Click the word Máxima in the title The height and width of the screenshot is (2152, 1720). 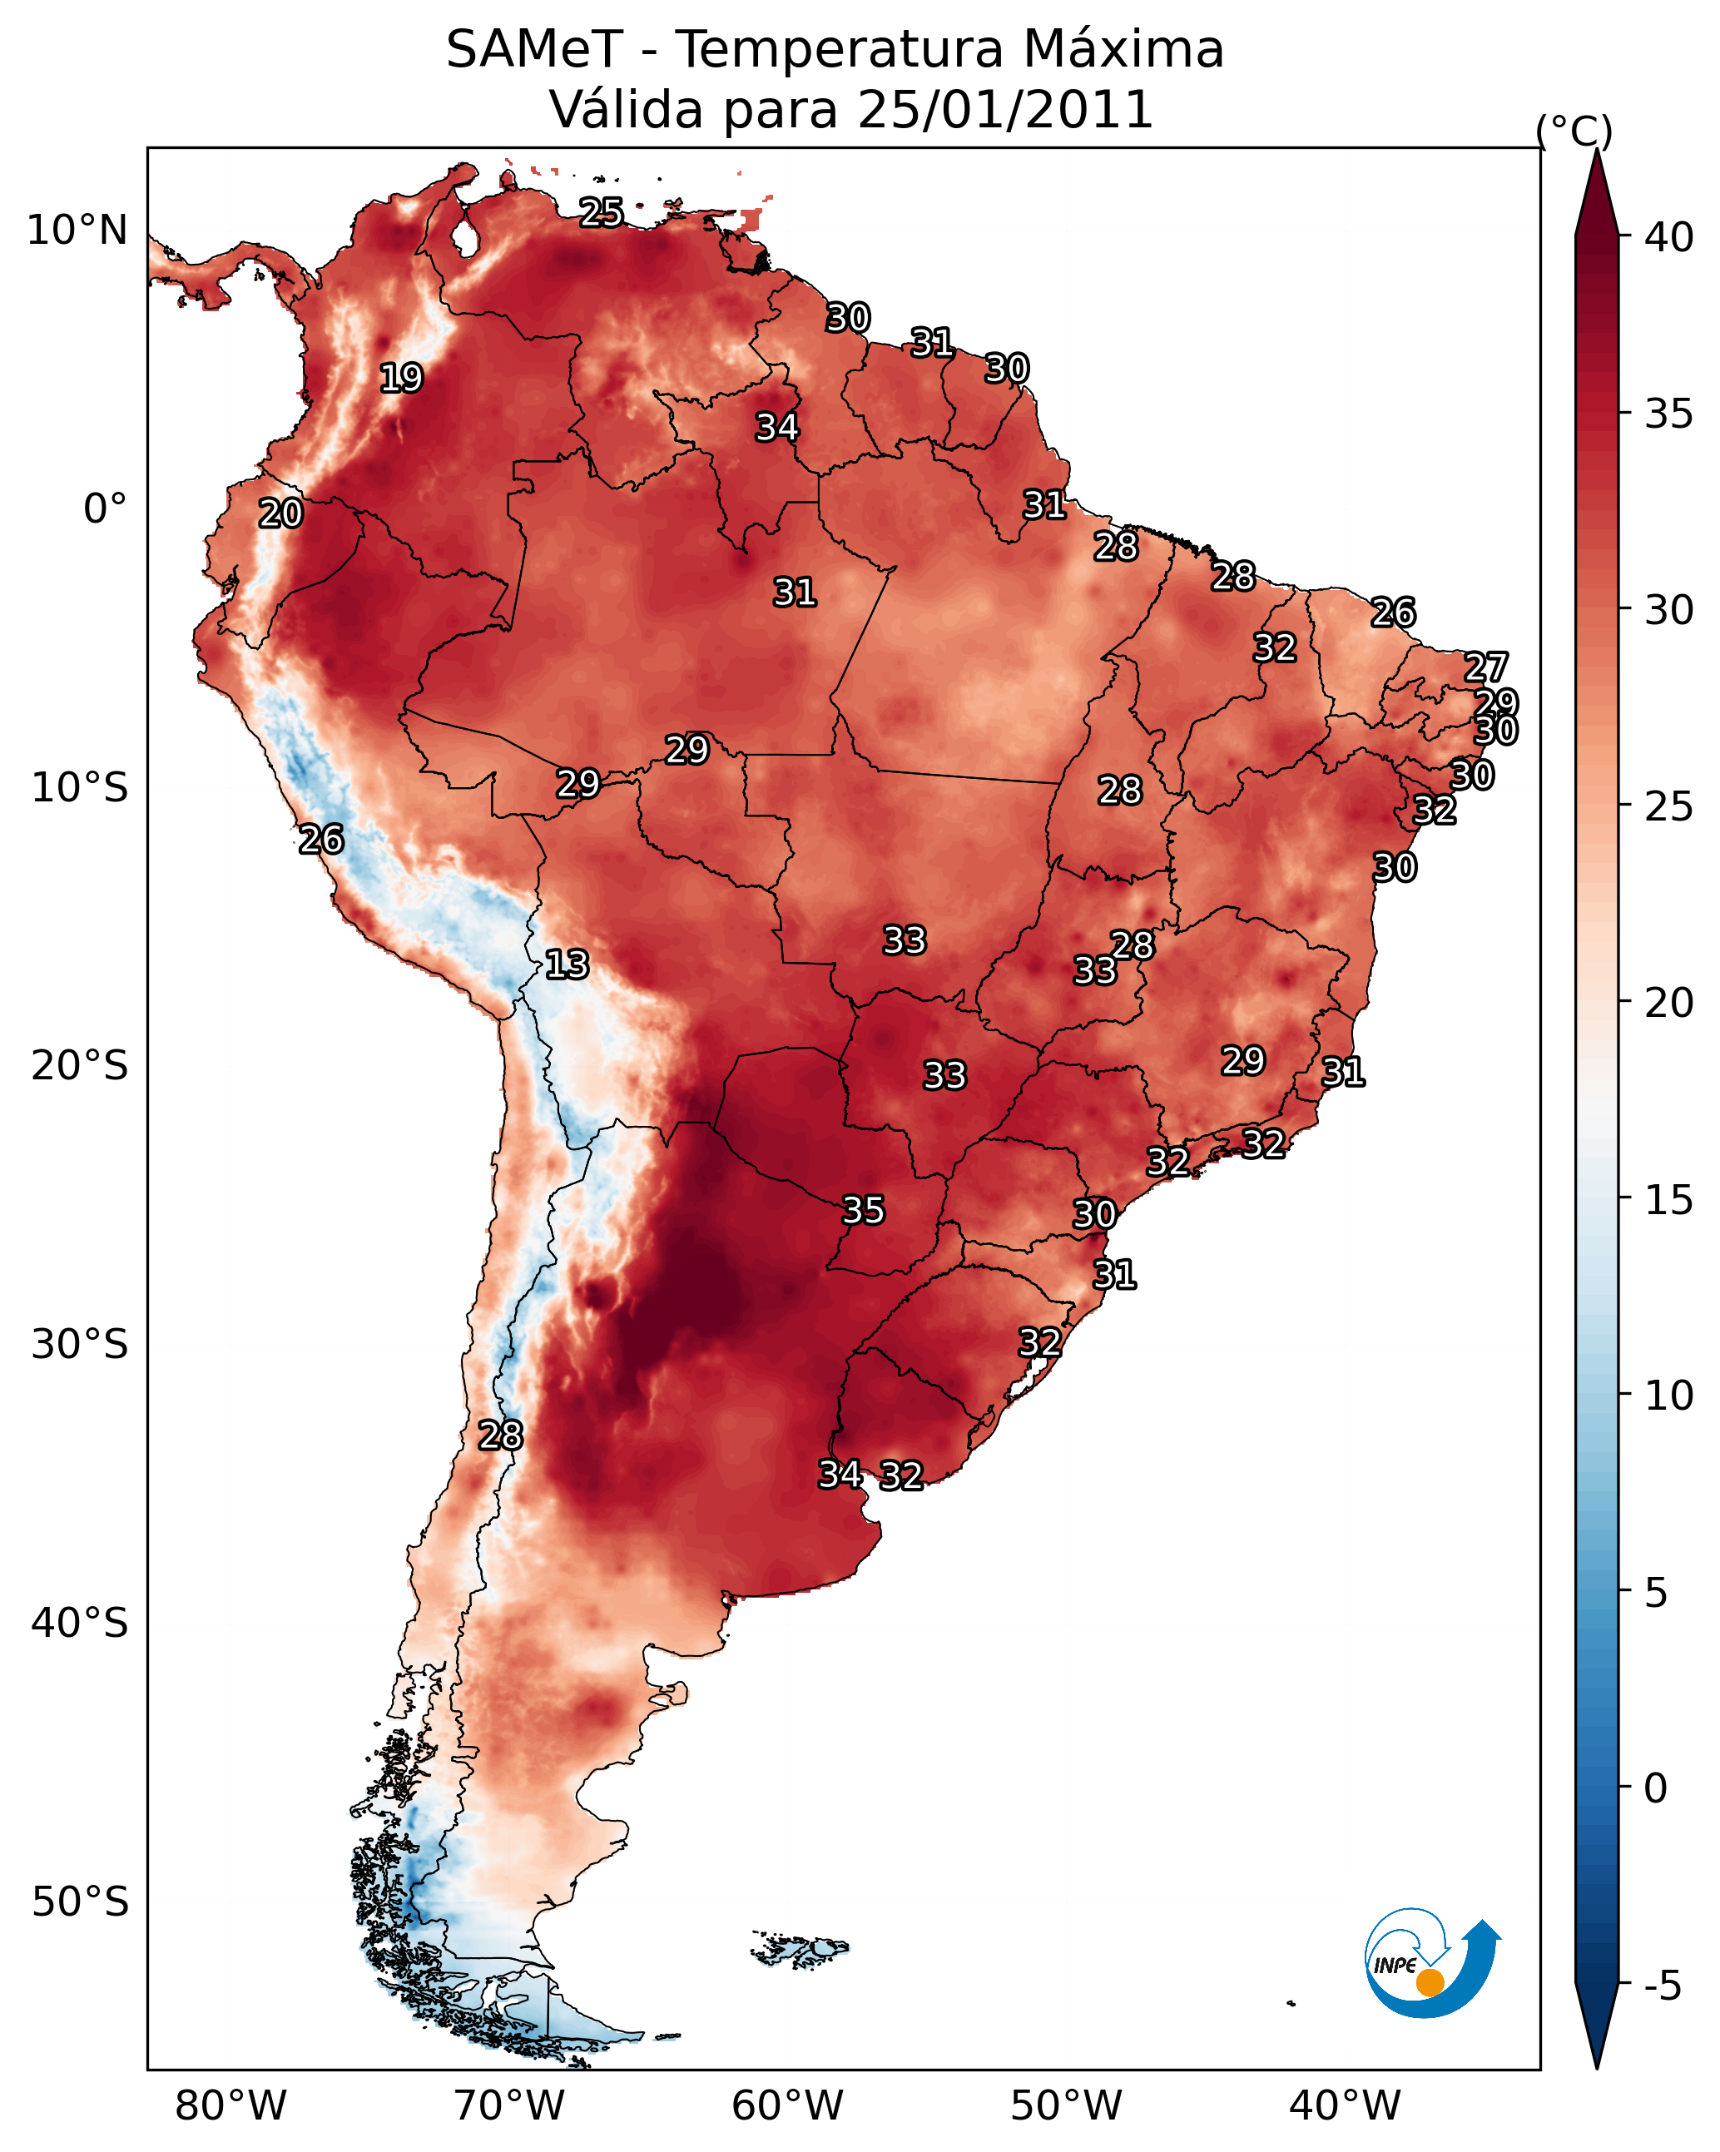point(1122,50)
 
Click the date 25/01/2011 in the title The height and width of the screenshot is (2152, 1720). point(1004,110)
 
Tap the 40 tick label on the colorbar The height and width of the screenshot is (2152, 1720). point(1669,237)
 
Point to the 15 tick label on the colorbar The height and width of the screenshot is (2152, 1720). point(1669,1200)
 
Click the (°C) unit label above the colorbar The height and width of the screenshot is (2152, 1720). point(1574,131)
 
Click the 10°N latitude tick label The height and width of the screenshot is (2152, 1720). point(77,231)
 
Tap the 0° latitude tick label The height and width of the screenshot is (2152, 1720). point(105,509)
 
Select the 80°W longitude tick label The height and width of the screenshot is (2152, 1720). point(230,2106)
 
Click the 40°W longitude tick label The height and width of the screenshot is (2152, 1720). point(1345,2106)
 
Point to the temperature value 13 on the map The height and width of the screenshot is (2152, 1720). point(567,964)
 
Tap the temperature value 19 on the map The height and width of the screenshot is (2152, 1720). point(401,379)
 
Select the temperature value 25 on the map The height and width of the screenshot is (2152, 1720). point(602,212)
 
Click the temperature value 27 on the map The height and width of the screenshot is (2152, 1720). point(1485,667)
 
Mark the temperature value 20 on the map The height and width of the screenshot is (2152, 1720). point(280,513)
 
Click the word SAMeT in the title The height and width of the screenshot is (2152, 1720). point(534,50)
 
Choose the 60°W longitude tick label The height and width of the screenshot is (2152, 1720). point(788,2106)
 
